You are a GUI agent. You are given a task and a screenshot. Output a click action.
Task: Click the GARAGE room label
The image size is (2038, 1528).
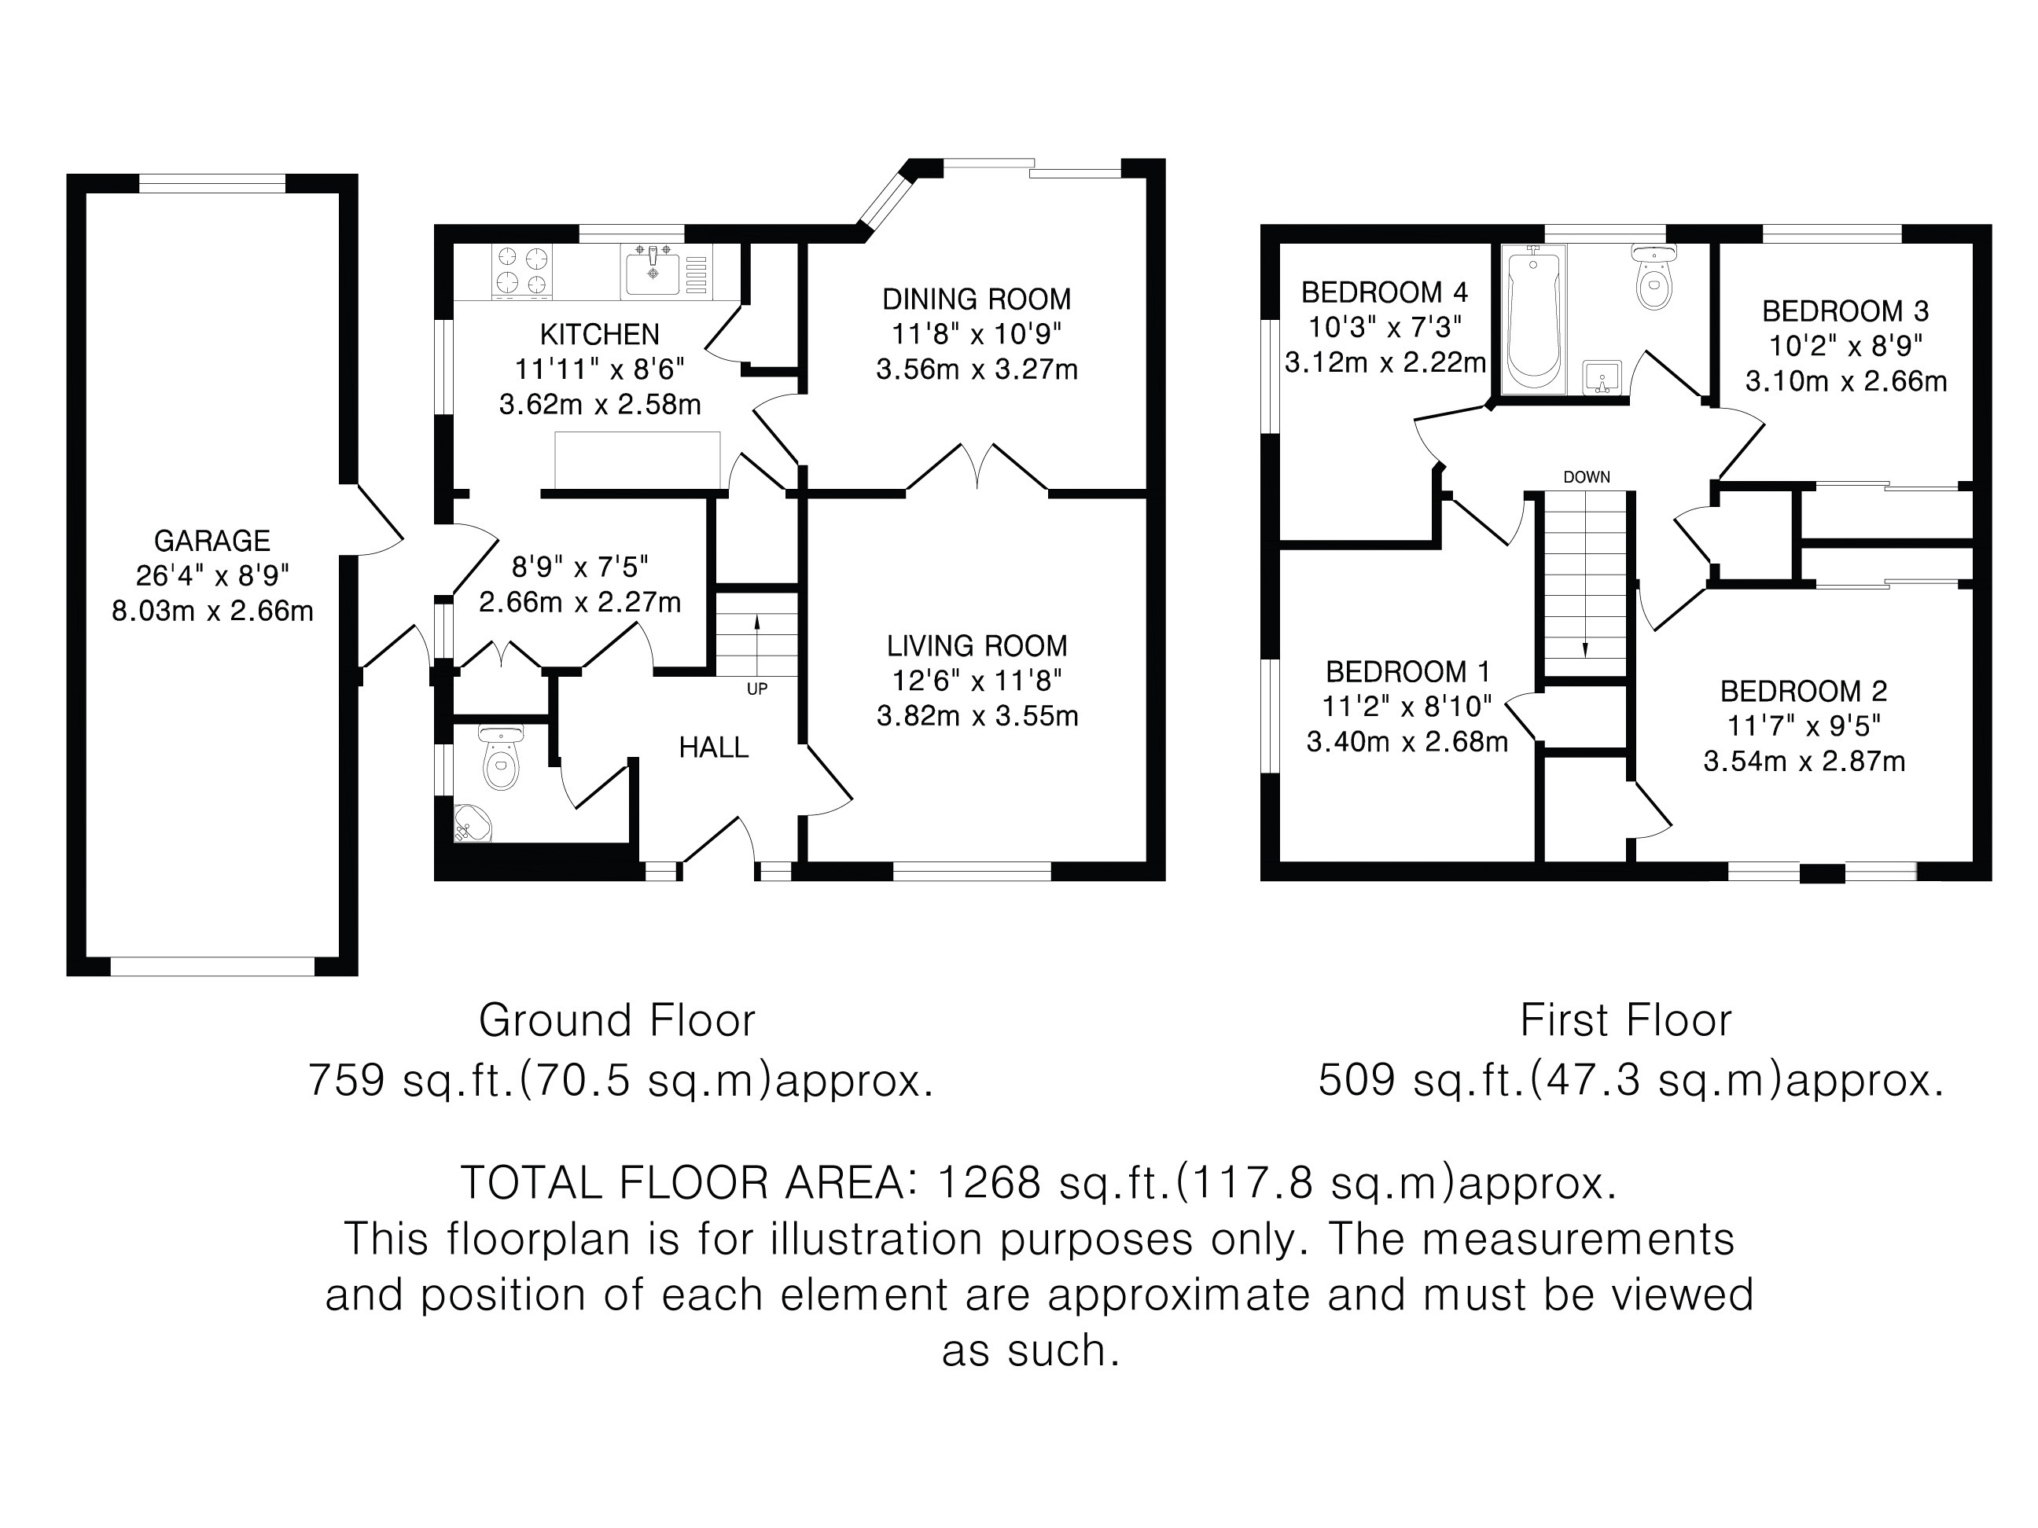click(212, 541)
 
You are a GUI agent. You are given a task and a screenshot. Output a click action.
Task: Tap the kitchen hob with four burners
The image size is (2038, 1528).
click(522, 271)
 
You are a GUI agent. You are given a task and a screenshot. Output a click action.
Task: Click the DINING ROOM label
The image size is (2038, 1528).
click(977, 299)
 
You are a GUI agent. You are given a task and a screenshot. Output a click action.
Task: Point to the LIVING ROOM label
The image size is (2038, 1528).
click(977, 645)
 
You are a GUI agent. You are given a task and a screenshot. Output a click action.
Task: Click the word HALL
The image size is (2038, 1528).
click(713, 747)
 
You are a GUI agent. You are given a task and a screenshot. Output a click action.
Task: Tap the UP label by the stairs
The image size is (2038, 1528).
click(756, 689)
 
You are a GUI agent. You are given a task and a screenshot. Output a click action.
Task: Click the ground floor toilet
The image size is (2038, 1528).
click(501, 757)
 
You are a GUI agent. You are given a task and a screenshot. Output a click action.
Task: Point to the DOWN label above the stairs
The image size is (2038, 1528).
click(1587, 477)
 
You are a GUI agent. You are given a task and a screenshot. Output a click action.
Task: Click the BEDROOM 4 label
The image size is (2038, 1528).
click(1384, 293)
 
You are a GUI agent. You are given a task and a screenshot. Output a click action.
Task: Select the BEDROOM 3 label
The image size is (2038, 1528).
click(1845, 311)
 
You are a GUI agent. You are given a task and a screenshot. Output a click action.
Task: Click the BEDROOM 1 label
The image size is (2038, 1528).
click(1407, 671)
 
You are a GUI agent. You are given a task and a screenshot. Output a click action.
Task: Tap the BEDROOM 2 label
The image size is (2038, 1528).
click(1804, 691)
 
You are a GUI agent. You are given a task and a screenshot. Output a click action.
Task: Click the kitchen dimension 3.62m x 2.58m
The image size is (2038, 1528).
click(600, 404)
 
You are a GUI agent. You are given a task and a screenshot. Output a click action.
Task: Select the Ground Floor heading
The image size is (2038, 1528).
click(617, 1020)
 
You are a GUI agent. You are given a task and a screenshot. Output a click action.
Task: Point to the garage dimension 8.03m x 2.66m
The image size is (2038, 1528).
click(213, 611)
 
